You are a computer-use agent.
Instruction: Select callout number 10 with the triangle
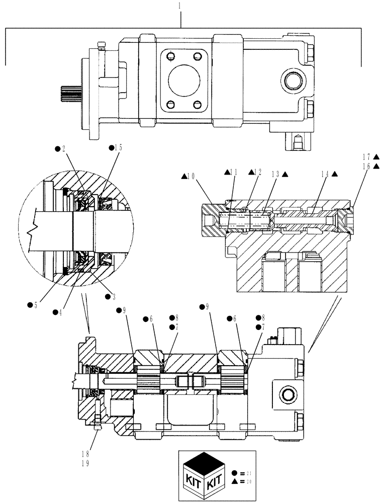[190, 176]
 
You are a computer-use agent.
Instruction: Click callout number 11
[233, 172]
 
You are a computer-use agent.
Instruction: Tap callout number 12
[258, 172]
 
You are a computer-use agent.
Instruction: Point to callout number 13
[278, 175]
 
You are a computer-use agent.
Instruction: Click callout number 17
[369, 156]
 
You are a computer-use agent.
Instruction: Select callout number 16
[369, 165]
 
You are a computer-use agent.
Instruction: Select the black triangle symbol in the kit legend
[236, 482]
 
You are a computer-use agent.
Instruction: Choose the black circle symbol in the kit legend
[236, 473]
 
